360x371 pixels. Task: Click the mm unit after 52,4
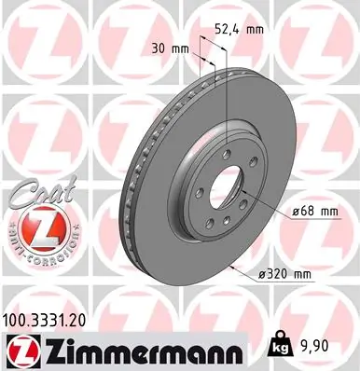pos(255,28)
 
